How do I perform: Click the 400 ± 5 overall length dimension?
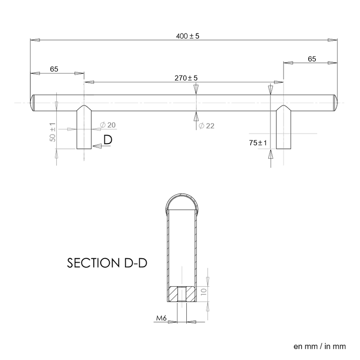[x=186, y=36]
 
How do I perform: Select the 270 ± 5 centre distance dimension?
[x=186, y=78]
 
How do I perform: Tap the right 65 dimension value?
[x=312, y=58]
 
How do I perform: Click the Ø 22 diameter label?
[x=206, y=126]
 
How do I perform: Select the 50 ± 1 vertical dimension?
[x=53, y=132]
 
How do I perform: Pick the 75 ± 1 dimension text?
[x=258, y=143]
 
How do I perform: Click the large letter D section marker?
[x=108, y=140]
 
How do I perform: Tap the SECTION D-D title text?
[x=108, y=263]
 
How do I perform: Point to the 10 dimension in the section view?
[x=203, y=293]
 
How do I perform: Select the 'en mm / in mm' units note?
[x=319, y=346]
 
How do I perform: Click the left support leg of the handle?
[x=84, y=130]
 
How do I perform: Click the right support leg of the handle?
[x=283, y=130]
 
